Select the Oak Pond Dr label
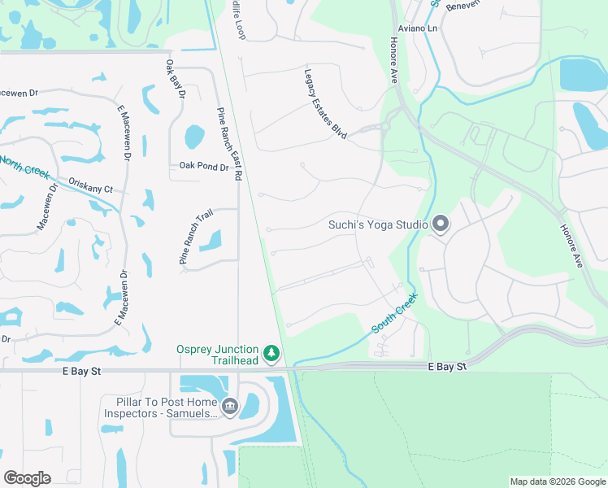click(204, 167)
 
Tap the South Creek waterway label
click(394, 313)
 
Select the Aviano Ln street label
click(421, 28)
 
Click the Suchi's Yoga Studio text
click(378, 224)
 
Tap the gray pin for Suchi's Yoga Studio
click(441, 223)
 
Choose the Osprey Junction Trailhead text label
click(217, 355)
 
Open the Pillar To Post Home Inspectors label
click(160, 407)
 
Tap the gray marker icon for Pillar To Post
click(230, 406)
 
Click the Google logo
click(27, 478)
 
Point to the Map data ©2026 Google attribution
click(558, 481)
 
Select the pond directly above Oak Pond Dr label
click(193, 137)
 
